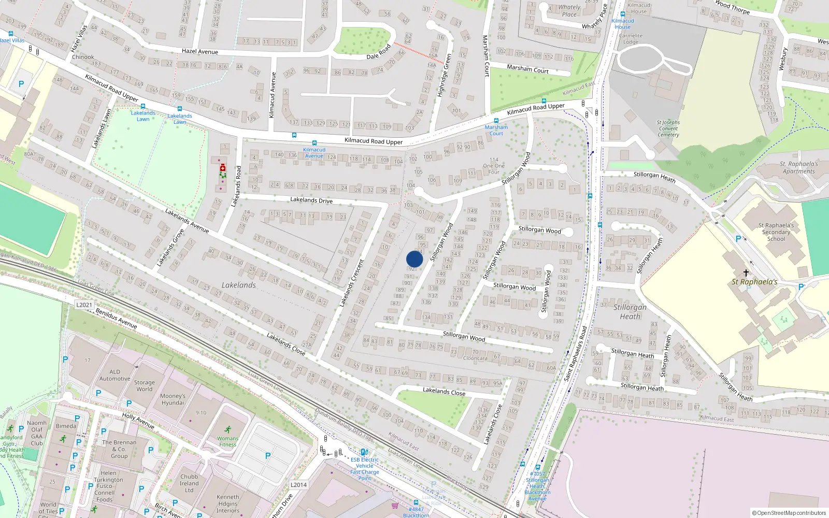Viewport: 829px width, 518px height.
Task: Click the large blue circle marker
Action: point(414,259)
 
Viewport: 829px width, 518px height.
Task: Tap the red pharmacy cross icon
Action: point(223,168)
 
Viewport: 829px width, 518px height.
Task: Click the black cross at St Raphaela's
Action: point(746,272)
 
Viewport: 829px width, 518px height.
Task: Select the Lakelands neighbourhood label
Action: point(239,285)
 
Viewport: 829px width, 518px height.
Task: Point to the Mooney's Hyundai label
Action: point(173,399)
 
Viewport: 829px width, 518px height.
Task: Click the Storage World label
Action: point(145,386)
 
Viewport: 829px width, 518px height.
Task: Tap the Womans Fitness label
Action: point(227,441)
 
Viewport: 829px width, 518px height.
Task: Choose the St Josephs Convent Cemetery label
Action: point(668,128)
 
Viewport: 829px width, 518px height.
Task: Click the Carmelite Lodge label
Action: point(631,39)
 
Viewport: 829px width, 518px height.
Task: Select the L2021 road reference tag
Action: point(84,305)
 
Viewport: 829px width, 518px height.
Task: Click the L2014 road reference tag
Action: point(298,485)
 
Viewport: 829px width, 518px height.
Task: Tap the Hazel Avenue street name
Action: point(200,51)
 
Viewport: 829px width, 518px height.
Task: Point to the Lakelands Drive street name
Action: point(311,200)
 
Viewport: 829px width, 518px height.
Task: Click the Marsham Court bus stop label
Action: point(496,130)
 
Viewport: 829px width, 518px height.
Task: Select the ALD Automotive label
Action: point(115,375)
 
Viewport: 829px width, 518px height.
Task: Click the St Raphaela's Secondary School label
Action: point(776,232)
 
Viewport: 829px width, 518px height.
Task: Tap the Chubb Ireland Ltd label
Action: point(189,483)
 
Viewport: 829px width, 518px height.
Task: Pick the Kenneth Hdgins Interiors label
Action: point(228,503)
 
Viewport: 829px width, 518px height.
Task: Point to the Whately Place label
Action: point(569,11)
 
